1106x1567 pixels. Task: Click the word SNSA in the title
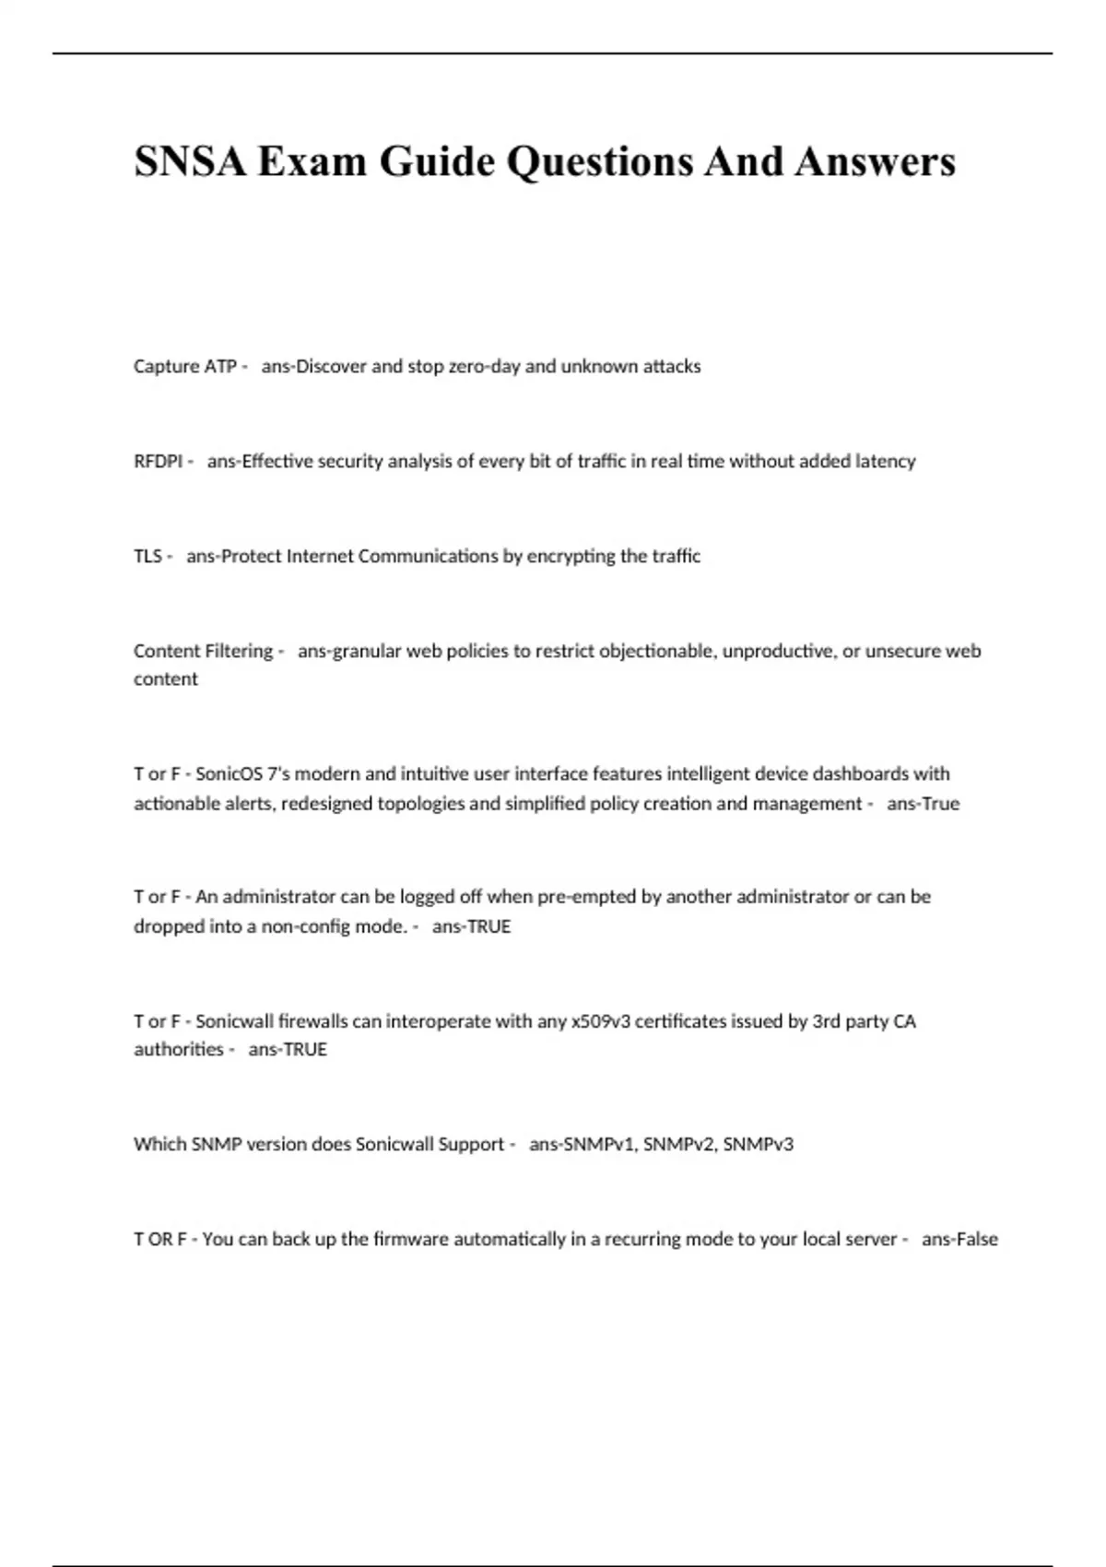point(191,161)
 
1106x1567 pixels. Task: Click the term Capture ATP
point(184,367)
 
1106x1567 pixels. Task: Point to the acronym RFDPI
point(158,462)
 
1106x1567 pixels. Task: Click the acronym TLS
point(147,557)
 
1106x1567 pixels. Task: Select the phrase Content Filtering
point(203,652)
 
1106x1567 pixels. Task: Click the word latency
point(885,462)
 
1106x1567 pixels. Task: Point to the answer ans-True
point(923,804)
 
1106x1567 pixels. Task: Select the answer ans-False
point(959,1240)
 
